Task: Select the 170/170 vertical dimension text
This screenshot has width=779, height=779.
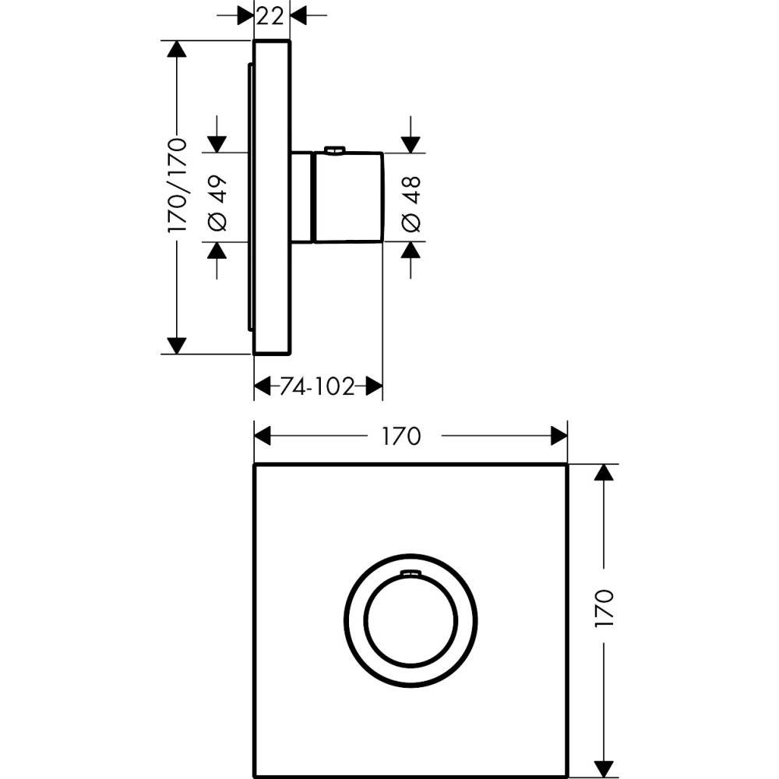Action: [x=178, y=185]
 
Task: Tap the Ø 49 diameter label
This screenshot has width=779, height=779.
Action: [x=218, y=202]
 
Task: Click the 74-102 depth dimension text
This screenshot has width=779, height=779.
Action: [x=318, y=386]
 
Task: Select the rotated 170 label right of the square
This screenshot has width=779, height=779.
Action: [x=605, y=608]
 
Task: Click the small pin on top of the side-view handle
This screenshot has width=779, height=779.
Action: [x=334, y=149]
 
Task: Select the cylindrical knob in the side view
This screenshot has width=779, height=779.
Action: [x=347, y=196]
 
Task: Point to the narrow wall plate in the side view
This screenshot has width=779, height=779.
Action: [x=272, y=197]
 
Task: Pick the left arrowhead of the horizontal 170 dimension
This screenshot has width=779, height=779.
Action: [x=263, y=436]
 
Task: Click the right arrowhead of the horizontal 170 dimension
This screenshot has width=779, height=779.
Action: [x=559, y=436]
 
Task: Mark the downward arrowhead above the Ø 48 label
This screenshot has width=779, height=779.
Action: [x=411, y=144]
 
